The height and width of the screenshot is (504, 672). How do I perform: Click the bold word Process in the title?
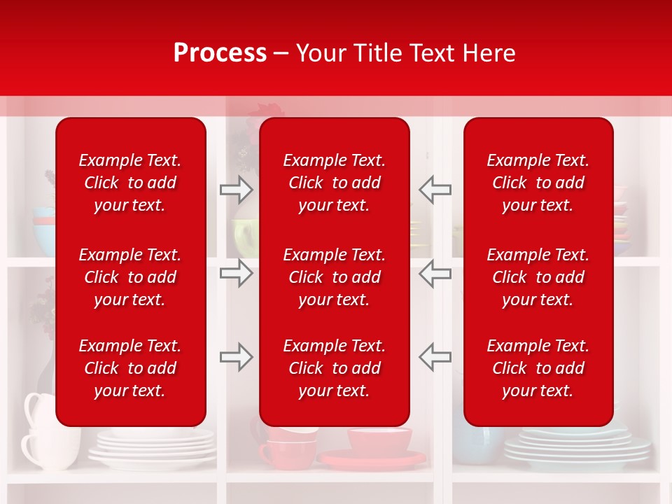220,53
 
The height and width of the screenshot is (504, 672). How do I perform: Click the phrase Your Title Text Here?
405,53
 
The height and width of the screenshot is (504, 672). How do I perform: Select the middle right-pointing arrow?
236,273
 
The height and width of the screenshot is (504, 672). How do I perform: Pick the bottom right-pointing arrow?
236,356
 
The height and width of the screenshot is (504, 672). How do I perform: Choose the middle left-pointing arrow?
435,273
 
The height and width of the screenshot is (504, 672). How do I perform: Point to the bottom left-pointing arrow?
435,356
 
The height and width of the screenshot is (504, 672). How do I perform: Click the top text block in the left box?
130,183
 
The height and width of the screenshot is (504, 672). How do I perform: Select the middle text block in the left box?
130,277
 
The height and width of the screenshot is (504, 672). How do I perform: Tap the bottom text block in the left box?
130,368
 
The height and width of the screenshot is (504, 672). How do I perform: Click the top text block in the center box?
334,183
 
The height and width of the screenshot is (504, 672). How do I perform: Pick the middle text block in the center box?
334,277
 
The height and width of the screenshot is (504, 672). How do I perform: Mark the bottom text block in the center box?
334,368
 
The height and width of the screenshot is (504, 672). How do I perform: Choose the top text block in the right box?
538,183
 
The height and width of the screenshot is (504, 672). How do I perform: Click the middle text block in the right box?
538,277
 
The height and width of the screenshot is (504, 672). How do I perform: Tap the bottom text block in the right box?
538,368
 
